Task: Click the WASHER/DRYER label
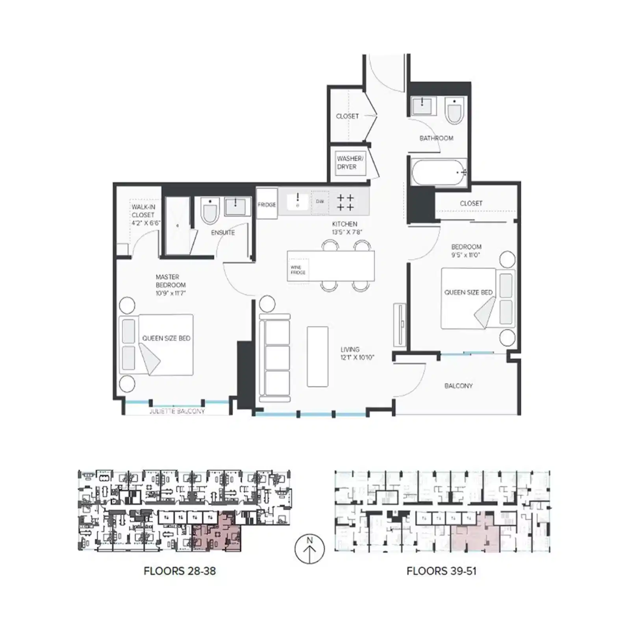[x=350, y=163]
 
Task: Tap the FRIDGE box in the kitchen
[x=267, y=205]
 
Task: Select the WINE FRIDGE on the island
[x=298, y=270]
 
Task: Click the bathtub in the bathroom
[x=438, y=172]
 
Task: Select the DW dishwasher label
[x=320, y=202]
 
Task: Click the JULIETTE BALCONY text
[x=177, y=411]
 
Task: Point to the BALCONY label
[x=458, y=386]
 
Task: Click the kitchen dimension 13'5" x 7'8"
[x=346, y=232]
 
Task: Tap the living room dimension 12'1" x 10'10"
[x=357, y=358]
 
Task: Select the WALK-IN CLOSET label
[x=144, y=215]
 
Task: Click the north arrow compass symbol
[x=309, y=549]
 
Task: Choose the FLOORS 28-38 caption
[x=180, y=571]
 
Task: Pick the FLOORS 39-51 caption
[x=441, y=571]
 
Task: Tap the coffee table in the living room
[x=317, y=356]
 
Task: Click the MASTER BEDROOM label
[x=170, y=285]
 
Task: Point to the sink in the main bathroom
[x=422, y=106]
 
